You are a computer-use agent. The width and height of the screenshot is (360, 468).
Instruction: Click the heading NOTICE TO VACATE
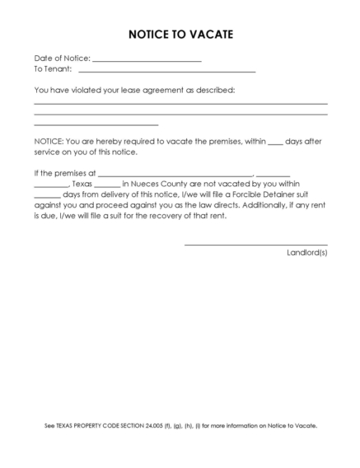(180, 35)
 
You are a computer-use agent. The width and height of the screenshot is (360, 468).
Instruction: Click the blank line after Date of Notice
(147, 61)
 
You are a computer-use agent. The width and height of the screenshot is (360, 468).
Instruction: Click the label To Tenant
(52, 70)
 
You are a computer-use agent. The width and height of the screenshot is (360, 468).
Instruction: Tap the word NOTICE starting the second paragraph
(48, 141)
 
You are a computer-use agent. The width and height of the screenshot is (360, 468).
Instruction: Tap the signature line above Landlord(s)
(255, 245)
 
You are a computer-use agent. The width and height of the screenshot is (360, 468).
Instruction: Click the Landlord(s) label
(306, 252)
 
